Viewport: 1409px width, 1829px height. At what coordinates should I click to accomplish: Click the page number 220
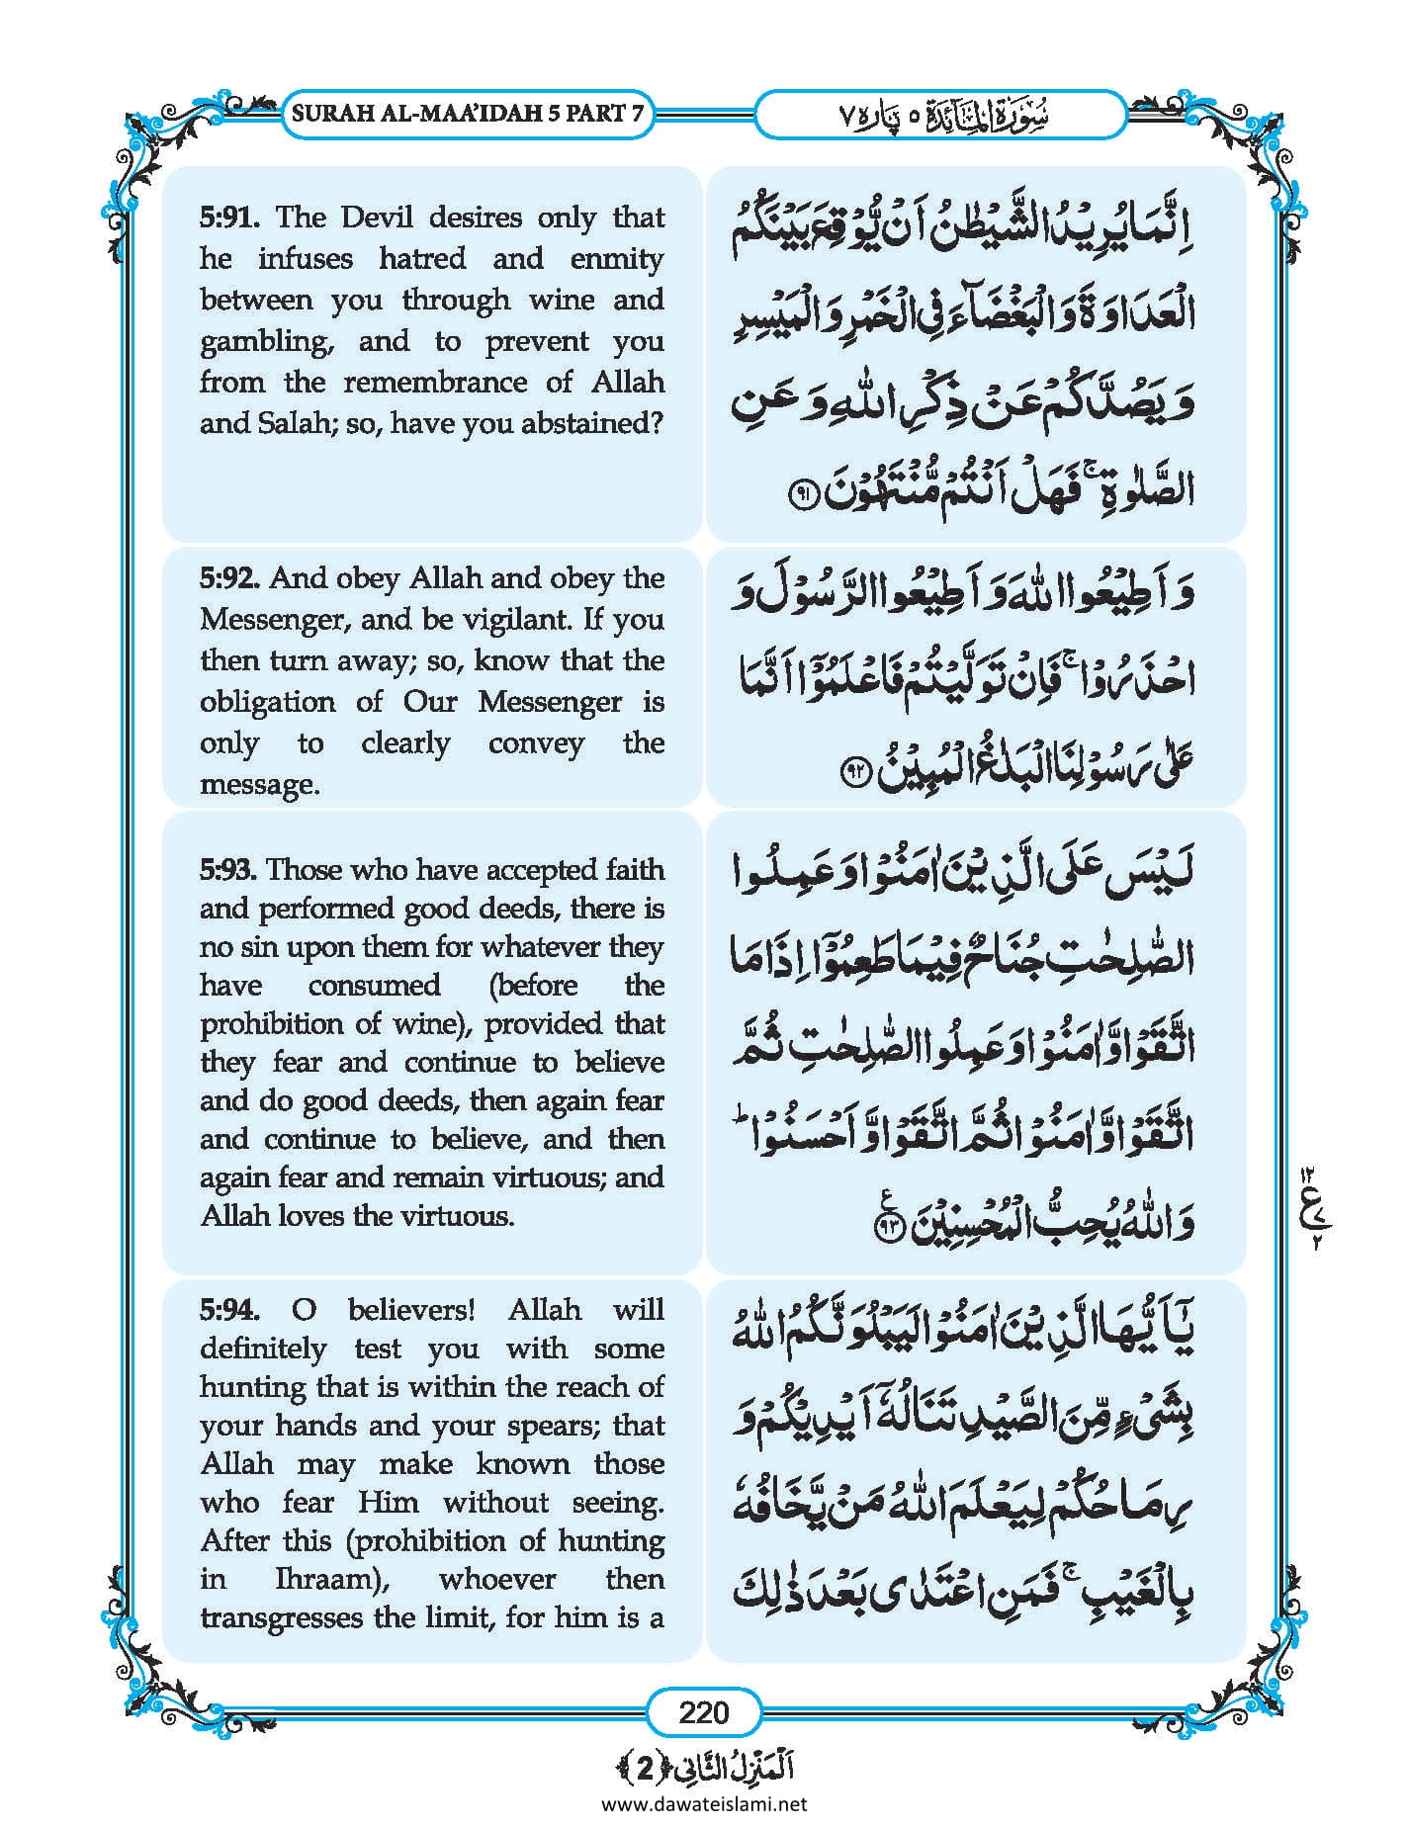[x=703, y=1711]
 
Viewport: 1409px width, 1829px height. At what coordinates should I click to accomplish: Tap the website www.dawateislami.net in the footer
[x=703, y=1804]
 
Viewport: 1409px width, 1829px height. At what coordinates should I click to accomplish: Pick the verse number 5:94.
[x=229, y=1310]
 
